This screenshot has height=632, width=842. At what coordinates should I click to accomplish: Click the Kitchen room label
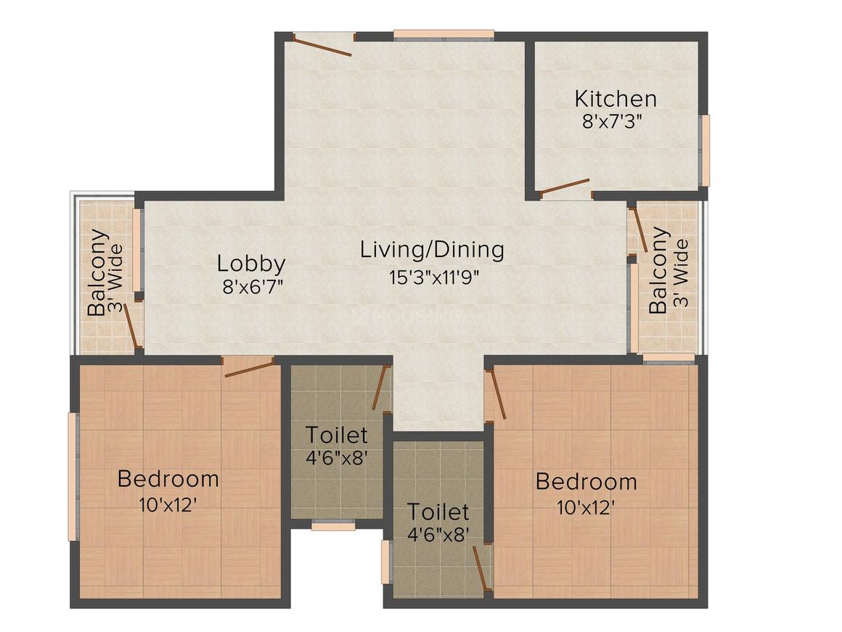pyautogui.click(x=616, y=98)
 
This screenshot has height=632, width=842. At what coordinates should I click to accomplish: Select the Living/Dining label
pyautogui.click(x=432, y=250)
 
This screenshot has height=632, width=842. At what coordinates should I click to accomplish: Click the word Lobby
pyautogui.click(x=251, y=263)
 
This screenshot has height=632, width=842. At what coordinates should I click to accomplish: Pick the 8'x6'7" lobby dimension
pyautogui.click(x=251, y=285)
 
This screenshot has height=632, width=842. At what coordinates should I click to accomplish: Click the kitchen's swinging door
pyautogui.click(x=565, y=187)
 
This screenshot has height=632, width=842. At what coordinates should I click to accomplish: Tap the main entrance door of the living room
pyautogui.click(x=323, y=44)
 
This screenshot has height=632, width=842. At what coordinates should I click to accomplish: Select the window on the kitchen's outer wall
pyautogui.click(x=704, y=150)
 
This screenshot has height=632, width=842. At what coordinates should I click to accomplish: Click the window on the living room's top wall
pyautogui.click(x=444, y=34)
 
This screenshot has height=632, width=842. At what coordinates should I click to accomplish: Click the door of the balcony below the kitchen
pyautogui.click(x=641, y=230)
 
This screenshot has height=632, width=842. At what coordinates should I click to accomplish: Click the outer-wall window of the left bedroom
pyautogui.click(x=73, y=476)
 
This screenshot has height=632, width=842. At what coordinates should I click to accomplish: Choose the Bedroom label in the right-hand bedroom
pyautogui.click(x=586, y=482)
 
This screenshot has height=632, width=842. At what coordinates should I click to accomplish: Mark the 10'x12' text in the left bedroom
pyautogui.click(x=168, y=504)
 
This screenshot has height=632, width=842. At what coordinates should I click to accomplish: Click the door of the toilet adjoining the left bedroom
pyautogui.click(x=380, y=389)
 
